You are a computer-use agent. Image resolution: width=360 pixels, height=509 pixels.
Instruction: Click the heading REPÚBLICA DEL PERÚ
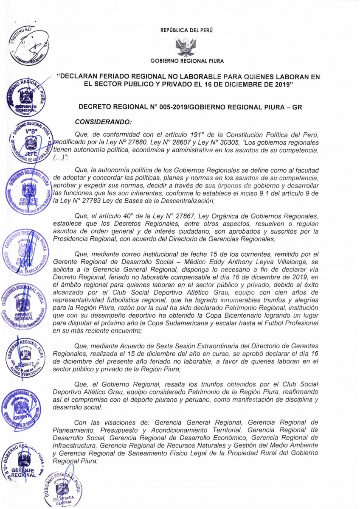coord(186,30)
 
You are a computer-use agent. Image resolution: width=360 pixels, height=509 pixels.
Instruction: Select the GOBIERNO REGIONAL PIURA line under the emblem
coord(186,61)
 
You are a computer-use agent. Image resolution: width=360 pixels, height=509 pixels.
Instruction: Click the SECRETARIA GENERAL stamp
coord(63,489)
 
